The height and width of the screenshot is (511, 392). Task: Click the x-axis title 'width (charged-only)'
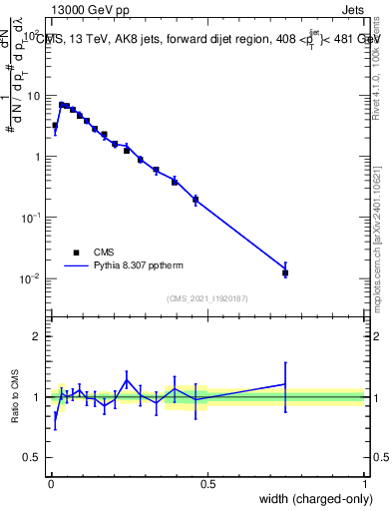(x=310, y=497)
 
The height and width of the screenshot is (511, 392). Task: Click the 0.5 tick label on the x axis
(x=206, y=483)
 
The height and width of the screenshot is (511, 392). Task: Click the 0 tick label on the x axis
(x=50, y=483)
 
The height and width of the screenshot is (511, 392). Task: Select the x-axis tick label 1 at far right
(x=364, y=483)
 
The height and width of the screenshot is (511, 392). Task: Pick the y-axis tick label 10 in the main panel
(x=34, y=96)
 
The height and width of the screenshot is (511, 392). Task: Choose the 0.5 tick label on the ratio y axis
(x=33, y=458)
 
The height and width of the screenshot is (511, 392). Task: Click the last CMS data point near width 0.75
(x=285, y=272)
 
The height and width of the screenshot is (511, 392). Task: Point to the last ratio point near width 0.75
(x=285, y=384)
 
